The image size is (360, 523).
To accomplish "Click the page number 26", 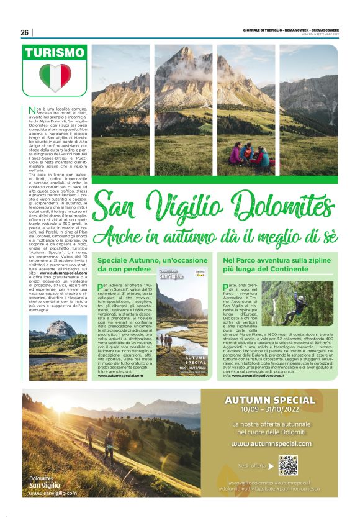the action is pyautogui.click(x=25, y=32).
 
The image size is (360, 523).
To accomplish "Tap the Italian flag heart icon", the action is pyautogui.click(x=55, y=78).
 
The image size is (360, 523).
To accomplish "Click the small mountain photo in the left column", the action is pyautogui.click(x=58, y=338).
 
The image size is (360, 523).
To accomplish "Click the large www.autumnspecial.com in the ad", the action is pyautogui.click(x=271, y=444).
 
